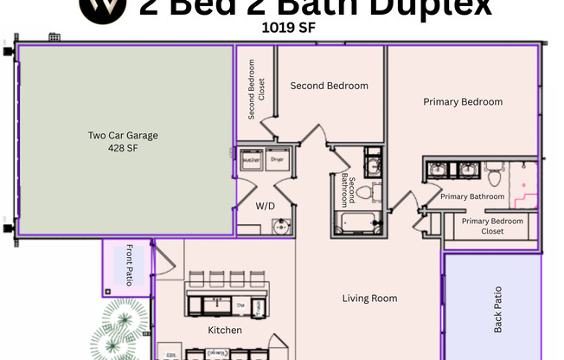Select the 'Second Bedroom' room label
(329, 86)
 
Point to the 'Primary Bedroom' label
(463, 102)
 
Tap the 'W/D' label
(266, 207)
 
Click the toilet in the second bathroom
(365, 192)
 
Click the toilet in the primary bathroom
(495, 176)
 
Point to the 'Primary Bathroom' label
(472, 197)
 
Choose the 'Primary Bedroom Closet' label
(493, 226)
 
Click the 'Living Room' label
(369, 299)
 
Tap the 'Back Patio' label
(498, 310)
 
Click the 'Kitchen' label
(224, 330)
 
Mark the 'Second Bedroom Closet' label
(252, 89)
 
